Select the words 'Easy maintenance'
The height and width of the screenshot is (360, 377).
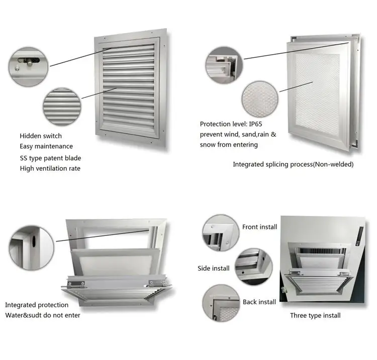[46, 146]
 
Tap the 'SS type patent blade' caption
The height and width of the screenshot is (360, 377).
[50, 158]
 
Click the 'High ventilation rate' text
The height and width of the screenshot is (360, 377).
[50, 169]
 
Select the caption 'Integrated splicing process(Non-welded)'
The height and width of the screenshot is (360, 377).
[293, 165]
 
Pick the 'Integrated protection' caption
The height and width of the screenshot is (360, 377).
[37, 305]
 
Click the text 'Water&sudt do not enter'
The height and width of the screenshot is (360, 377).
[43, 315]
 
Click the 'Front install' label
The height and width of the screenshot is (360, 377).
[259, 227]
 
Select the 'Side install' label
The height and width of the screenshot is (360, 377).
[213, 268]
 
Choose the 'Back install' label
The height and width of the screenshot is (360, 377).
[259, 302]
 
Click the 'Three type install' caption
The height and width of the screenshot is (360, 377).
[315, 315]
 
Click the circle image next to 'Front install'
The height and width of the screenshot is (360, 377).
[221, 232]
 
